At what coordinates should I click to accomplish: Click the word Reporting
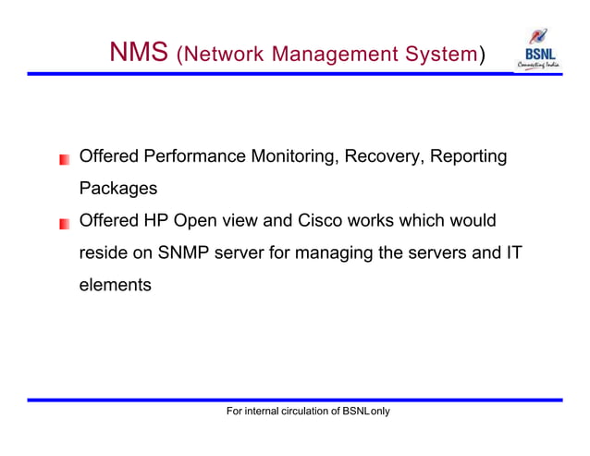pos(469,157)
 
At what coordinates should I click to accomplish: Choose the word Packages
pos(118,190)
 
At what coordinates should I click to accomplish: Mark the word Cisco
pos(321,221)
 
